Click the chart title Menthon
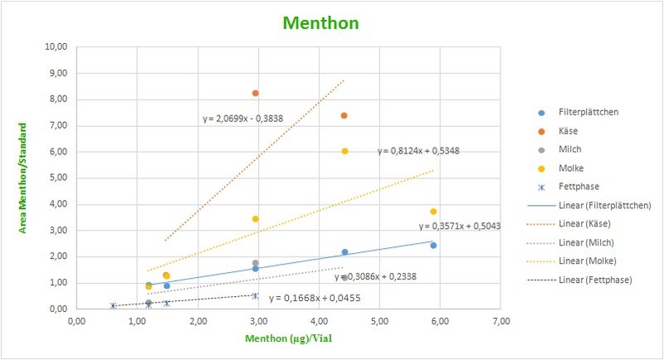coord(320,22)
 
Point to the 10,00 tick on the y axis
coord(56,47)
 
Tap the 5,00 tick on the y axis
coord(58,178)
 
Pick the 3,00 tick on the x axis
coord(258,320)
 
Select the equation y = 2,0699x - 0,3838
coord(242,119)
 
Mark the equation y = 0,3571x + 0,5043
coord(459,226)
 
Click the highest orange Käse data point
coord(256,93)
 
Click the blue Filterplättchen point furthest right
coord(433,246)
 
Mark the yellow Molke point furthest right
coord(433,212)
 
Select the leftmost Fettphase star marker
coord(113,305)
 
